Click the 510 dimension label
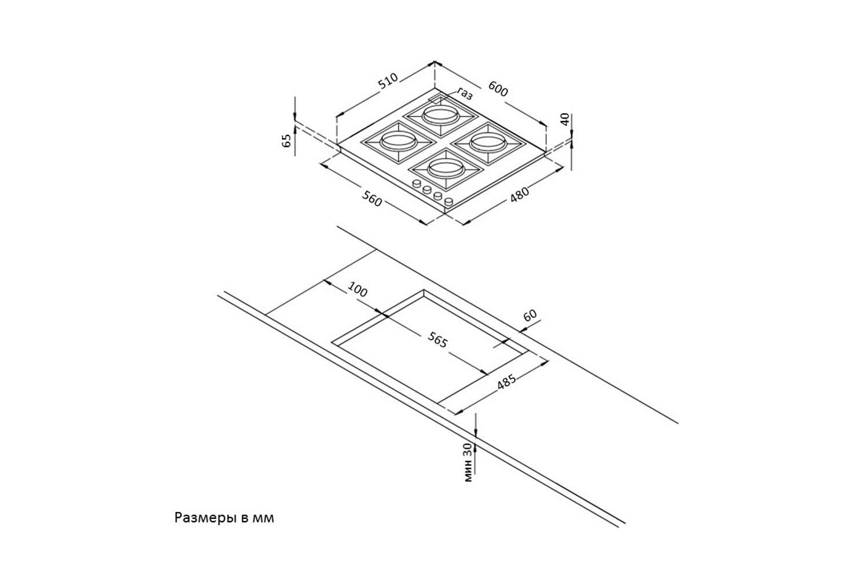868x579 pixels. [388, 81]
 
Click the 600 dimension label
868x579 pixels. [498, 89]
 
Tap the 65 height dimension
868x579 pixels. [286, 141]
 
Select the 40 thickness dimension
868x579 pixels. [565, 120]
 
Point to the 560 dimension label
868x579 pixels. [372, 199]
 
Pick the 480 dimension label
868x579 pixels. [520, 195]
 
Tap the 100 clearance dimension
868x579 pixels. [358, 289]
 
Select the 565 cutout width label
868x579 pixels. [437, 340]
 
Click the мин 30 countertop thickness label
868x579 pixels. [469, 462]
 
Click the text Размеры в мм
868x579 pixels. [224, 518]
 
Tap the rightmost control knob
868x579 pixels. [448, 201]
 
